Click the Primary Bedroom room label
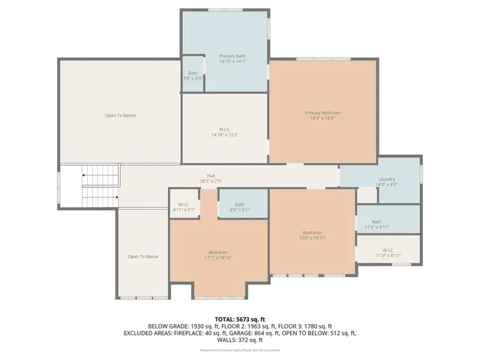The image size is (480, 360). tap(322, 112)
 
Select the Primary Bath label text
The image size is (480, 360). tap(232, 56)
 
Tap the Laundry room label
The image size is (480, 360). tap(386, 178)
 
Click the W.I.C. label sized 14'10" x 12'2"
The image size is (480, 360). tap(224, 129)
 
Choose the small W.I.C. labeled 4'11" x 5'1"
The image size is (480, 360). tap(184, 204)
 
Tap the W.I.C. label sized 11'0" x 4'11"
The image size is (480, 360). tap(388, 250)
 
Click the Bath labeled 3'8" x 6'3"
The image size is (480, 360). tap(193, 73)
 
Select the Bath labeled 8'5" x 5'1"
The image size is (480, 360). tap(239, 204)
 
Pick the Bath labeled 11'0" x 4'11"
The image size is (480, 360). tap(376, 221)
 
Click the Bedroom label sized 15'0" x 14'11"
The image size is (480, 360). tap(312, 232)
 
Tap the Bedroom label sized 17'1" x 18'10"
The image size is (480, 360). tap(218, 252)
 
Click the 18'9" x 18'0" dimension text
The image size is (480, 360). tap(322, 118)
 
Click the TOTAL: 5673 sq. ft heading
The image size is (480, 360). tap(240, 319)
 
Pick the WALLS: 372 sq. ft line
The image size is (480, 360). tap(240, 339)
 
